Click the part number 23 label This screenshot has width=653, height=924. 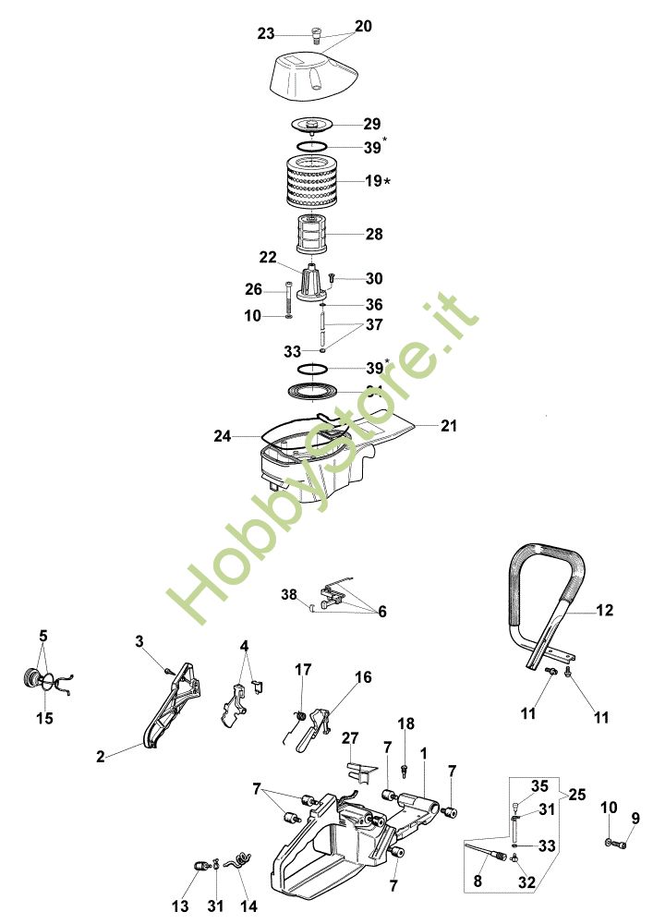point(266,33)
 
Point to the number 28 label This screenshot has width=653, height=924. point(374,235)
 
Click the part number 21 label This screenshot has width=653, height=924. point(449,426)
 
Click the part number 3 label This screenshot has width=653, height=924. point(139,640)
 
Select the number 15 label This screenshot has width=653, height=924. point(44,718)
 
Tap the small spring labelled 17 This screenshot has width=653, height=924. point(300,714)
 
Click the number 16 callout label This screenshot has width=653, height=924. point(363,677)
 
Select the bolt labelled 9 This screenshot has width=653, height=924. point(620,843)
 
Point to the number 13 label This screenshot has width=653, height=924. point(180,906)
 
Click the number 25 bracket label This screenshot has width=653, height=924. point(578,794)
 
